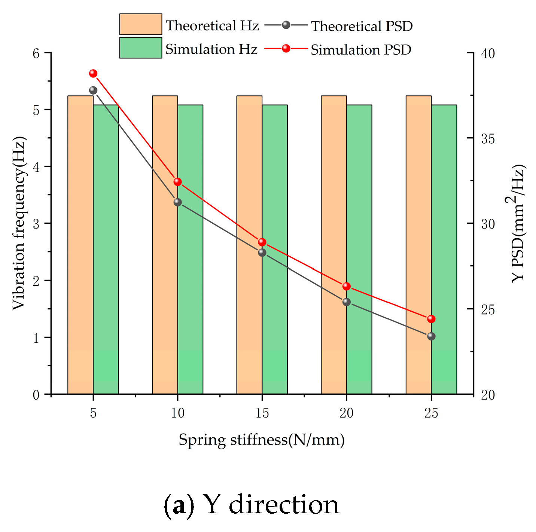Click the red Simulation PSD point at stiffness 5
93,73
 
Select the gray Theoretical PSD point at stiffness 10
177,202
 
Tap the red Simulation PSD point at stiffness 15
262,242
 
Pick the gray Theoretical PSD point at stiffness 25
431,336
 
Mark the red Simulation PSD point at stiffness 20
347,287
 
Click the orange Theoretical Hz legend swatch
141,24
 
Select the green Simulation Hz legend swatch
141,48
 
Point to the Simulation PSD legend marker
286,48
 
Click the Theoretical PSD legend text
362,26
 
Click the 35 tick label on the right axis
488,139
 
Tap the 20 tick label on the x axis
347,413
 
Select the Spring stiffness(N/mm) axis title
262,440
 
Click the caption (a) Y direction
252,505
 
